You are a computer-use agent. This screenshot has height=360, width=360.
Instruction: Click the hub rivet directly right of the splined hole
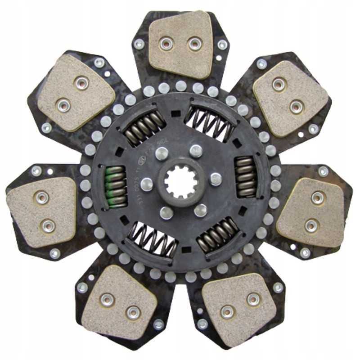[x=216, y=179]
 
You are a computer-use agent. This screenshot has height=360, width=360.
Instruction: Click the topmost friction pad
[x=180, y=44]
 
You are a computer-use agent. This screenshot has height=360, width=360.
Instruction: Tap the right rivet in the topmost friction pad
[x=194, y=44]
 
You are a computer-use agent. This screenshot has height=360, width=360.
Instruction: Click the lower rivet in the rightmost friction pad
[x=310, y=224]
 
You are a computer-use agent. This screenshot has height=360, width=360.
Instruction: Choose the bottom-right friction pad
[x=239, y=303]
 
